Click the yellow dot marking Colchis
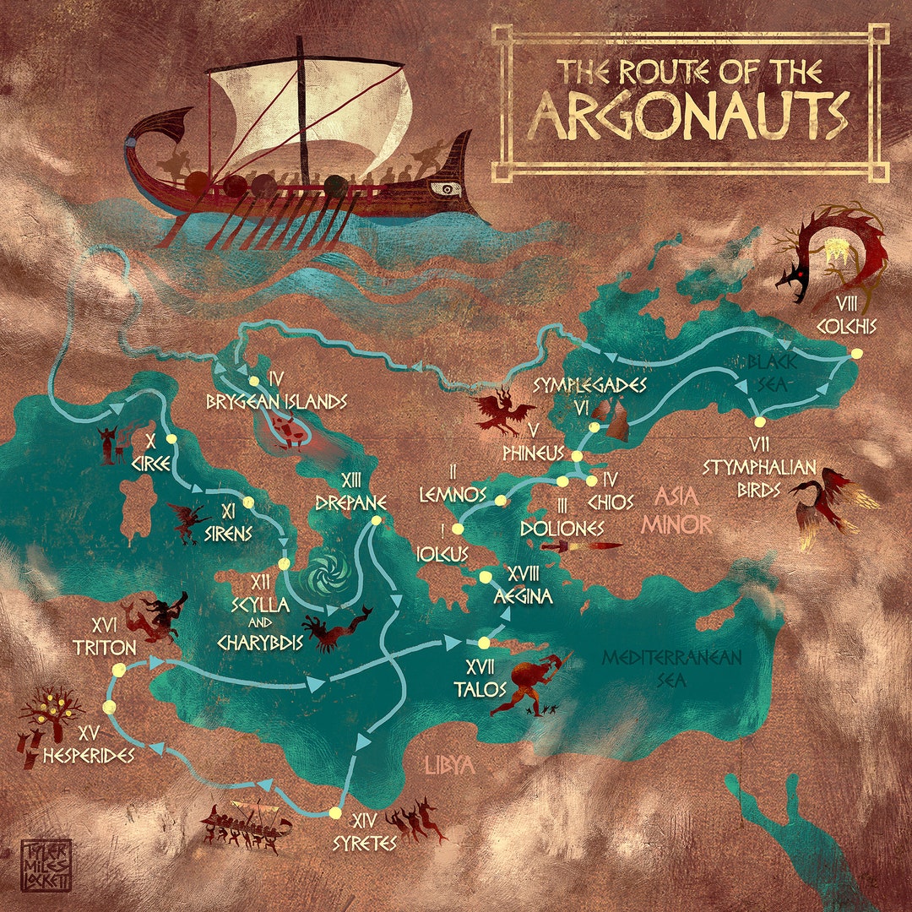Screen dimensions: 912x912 857,354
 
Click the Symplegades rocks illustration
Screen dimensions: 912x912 612,417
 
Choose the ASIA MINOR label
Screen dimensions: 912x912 676,510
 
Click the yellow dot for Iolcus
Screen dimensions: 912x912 458,529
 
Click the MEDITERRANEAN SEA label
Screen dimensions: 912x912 672,667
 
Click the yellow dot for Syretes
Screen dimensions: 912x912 335,813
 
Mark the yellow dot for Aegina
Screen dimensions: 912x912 486,578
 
